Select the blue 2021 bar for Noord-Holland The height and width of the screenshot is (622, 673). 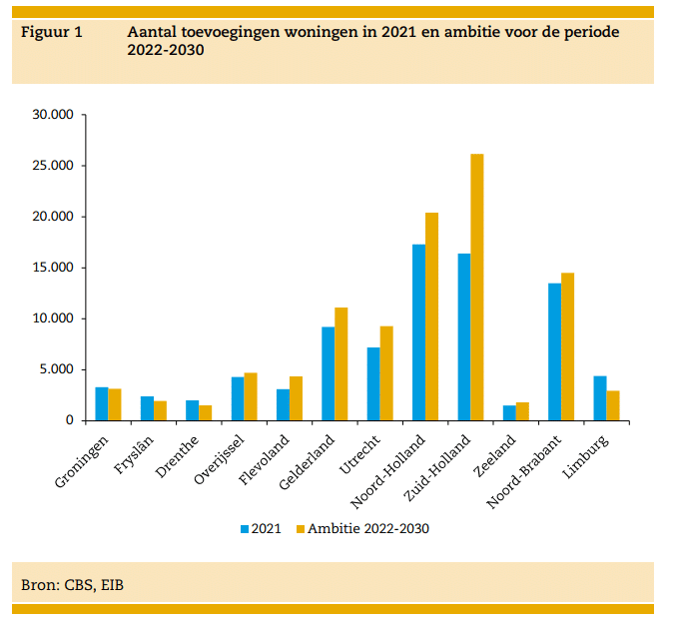tap(418, 332)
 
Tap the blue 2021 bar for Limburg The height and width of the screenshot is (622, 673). tap(600, 398)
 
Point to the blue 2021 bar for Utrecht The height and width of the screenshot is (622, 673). tap(373, 383)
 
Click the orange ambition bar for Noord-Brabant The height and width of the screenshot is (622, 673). tap(567, 346)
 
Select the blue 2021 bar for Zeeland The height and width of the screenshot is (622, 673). tap(509, 413)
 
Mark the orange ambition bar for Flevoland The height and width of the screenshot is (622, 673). tap(296, 398)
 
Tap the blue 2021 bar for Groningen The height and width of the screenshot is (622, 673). tap(102, 403)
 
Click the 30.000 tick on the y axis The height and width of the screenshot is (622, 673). tap(54, 115)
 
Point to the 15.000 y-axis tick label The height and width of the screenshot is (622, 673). tap(54, 268)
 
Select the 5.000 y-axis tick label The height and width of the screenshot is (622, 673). tap(58, 369)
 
